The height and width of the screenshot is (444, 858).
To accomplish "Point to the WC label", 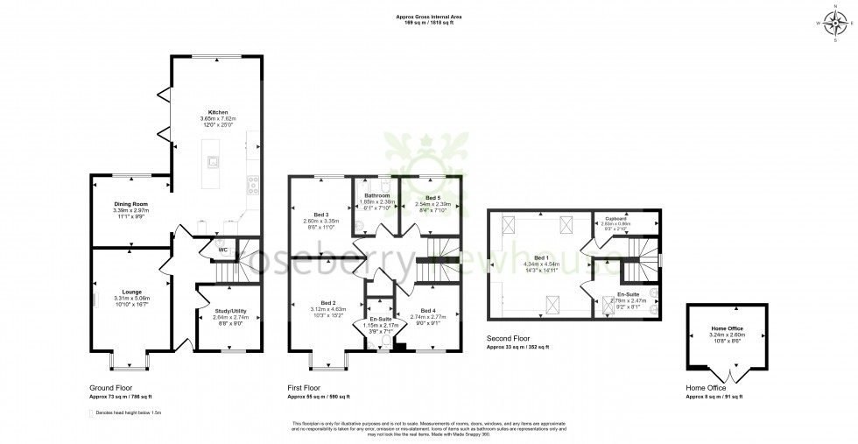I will click(x=210, y=249).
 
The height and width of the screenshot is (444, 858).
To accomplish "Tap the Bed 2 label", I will click(x=317, y=303).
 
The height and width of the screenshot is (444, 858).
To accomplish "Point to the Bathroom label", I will click(x=376, y=195).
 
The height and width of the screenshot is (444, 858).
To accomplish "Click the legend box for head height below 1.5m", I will click(x=92, y=412).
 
